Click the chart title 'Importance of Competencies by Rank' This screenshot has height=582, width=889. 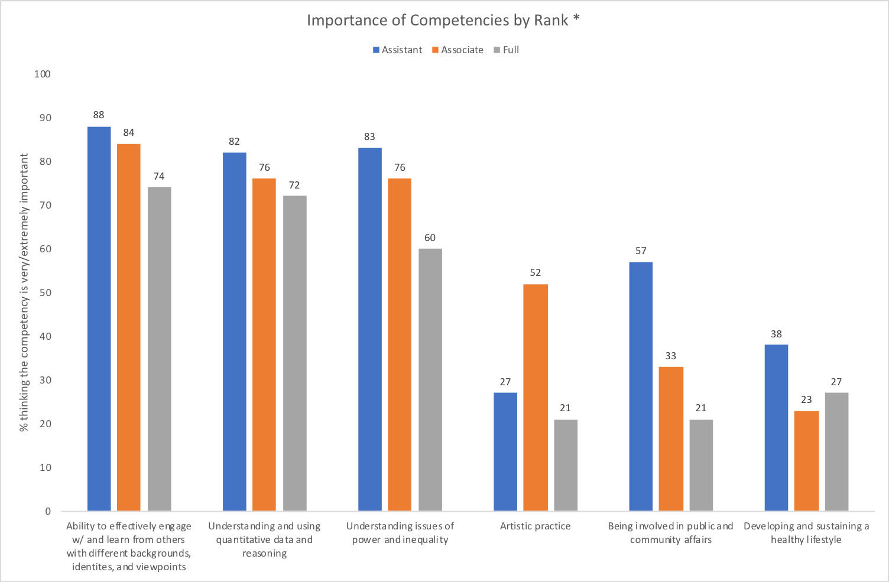(x=443, y=20)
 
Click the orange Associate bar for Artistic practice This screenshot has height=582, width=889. (x=536, y=397)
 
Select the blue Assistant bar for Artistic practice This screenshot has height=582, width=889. (x=505, y=451)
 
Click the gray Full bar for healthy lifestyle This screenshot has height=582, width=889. (x=836, y=451)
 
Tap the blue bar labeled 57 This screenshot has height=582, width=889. (x=641, y=386)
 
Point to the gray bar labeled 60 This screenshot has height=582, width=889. (x=430, y=379)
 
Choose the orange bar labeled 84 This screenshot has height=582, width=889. (x=129, y=327)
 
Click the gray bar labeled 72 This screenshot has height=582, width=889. (x=295, y=353)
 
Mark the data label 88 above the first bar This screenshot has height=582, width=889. (x=99, y=115)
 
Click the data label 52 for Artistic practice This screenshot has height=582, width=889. (x=536, y=273)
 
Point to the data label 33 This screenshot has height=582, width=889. (x=671, y=356)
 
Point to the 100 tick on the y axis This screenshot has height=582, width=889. (x=42, y=74)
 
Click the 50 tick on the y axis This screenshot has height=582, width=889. (x=45, y=293)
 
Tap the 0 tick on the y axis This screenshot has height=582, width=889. (x=48, y=512)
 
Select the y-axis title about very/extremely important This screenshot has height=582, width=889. (x=24, y=292)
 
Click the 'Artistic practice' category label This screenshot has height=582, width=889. (x=536, y=526)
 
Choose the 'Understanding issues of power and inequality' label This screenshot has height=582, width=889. (x=400, y=533)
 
